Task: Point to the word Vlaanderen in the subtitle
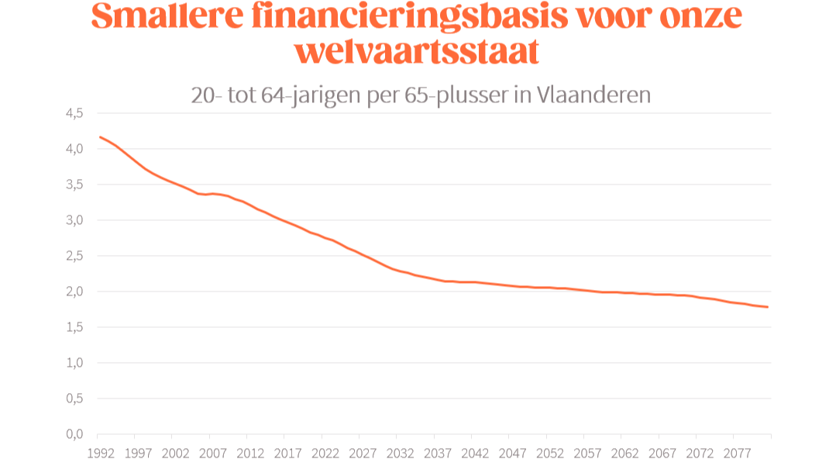[593, 95]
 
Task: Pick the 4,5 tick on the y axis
[74, 113]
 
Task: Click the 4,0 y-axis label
[74, 149]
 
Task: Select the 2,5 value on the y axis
[74, 256]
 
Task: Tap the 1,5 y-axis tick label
[74, 327]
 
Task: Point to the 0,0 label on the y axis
[74, 434]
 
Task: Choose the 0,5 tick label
[74, 399]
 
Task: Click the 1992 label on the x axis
[98, 453]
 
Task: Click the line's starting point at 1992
[101, 137]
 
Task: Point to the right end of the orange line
[767, 307]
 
